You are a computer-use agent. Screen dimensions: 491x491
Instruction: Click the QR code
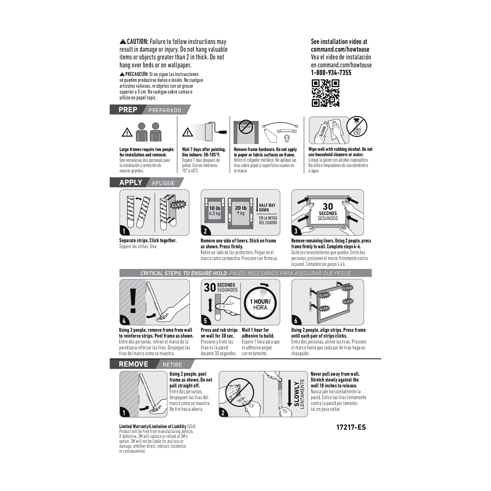tap(325, 93)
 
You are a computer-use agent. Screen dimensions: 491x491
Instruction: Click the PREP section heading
tap(128, 110)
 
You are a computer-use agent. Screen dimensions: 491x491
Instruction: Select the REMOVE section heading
tap(133, 364)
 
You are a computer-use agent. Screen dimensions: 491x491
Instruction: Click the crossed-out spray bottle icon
tap(357, 127)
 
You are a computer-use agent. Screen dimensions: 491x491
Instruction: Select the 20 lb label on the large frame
tap(240, 208)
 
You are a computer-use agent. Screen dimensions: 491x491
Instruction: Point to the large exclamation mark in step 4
tap(133, 301)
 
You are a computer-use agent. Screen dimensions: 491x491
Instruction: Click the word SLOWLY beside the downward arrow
tap(296, 394)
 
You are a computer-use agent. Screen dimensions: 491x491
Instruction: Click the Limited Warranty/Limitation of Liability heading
tap(153, 426)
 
